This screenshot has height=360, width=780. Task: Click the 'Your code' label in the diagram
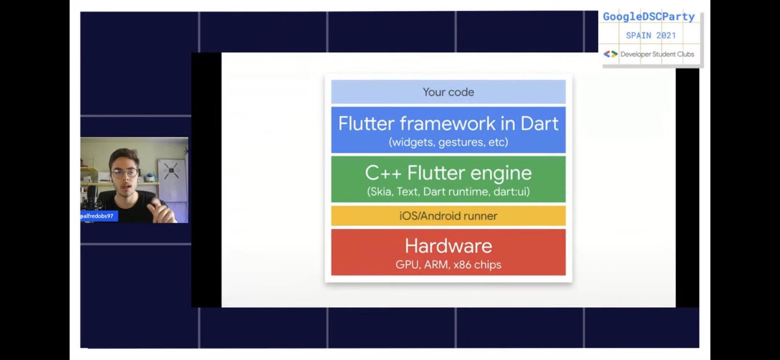click(x=448, y=92)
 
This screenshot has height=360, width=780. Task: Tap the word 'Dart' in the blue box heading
click(x=535, y=123)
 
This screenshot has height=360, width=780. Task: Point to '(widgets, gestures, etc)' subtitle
click(x=448, y=142)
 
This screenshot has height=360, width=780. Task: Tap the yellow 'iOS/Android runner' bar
click(x=448, y=216)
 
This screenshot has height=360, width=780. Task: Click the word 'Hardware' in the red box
click(x=448, y=246)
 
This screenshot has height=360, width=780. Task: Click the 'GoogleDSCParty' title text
click(x=649, y=17)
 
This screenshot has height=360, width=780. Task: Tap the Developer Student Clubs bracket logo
click(x=610, y=54)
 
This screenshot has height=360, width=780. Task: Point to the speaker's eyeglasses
click(x=125, y=174)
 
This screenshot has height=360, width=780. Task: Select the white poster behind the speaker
click(x=172, y=174)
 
